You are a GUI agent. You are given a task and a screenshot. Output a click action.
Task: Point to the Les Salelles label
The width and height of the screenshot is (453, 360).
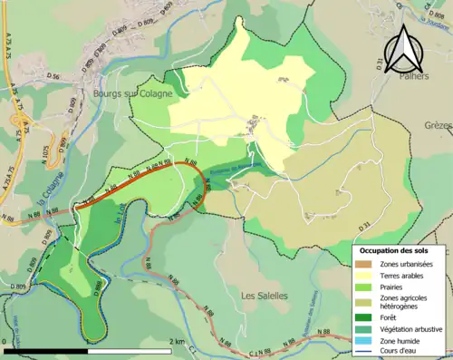pyautogui.click(x=265, y=296)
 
